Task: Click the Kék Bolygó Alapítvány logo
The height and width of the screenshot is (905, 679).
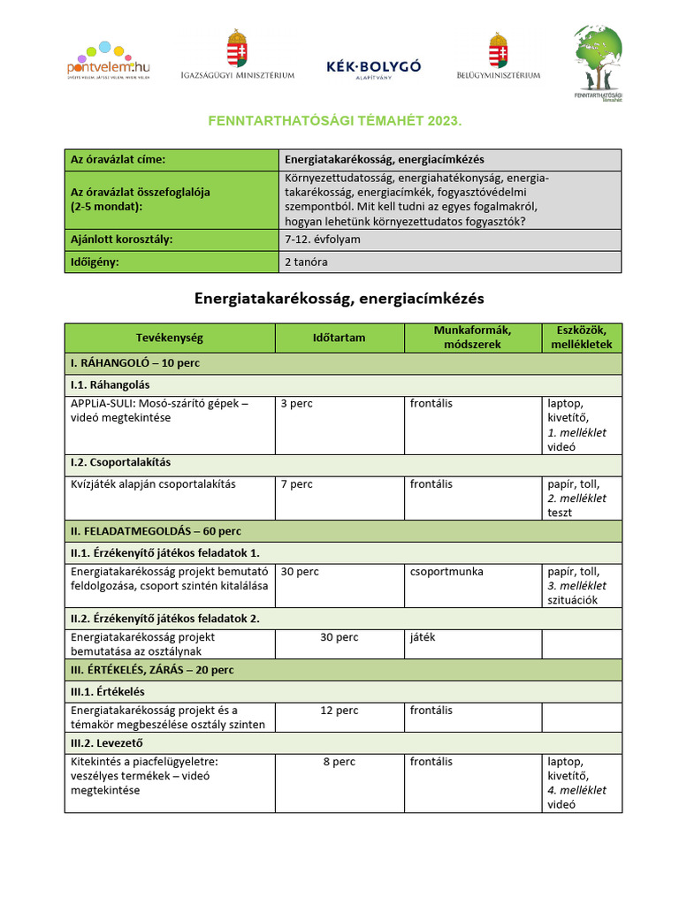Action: [373, 69]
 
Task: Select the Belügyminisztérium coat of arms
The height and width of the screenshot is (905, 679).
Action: [498, 50]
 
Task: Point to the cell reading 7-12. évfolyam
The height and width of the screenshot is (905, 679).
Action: [323, 240]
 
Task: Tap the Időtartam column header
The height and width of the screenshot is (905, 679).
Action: [339, 338]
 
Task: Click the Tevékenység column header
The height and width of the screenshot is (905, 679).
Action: [169, 338]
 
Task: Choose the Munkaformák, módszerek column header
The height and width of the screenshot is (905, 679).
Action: [472, 338]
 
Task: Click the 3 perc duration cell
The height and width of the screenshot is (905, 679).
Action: [296, 404]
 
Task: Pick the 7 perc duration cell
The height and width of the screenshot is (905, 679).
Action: [296, 484]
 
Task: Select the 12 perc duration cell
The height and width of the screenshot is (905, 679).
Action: [339, 711]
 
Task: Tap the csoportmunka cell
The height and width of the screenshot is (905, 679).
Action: [446, 572]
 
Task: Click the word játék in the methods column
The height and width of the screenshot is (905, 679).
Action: [423, 637]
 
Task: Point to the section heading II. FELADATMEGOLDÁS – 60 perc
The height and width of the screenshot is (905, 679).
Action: [156, 531]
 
